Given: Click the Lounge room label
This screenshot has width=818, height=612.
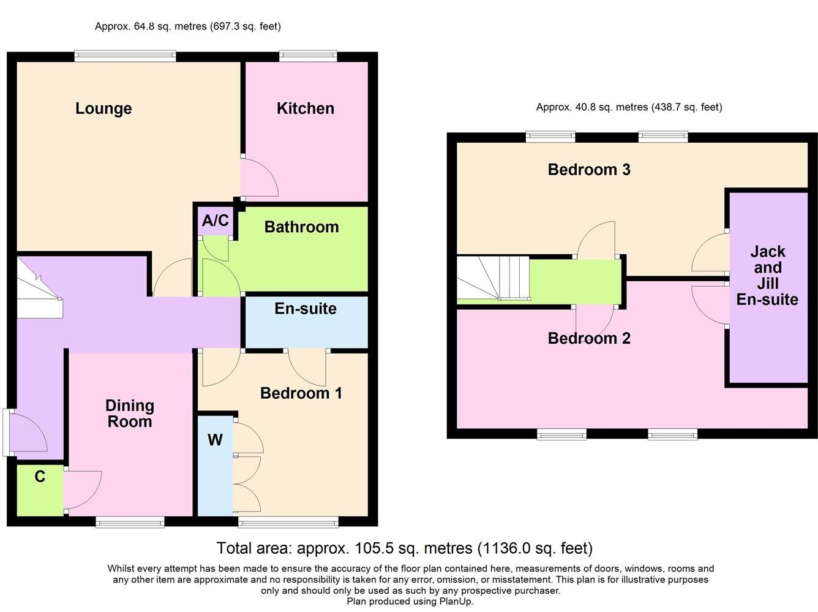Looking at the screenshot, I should (x=103, y=108).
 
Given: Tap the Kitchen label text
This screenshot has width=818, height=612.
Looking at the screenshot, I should (x=305, y=108).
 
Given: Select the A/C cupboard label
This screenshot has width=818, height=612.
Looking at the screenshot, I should (x=215, y=221).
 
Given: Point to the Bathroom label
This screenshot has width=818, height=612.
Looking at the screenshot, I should (x=301, y=227).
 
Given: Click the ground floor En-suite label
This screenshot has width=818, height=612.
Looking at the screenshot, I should (x=305, y=308).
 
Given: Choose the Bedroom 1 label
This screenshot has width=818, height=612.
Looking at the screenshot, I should (x=301, y=393).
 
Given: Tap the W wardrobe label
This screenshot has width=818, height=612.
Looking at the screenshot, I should (x=215, y=439).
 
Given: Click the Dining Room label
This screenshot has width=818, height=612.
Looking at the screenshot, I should (x=129, y=414).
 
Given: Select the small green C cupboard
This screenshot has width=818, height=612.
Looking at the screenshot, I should (x=40, y=490).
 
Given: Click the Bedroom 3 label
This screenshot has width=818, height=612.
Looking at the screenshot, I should (x=589, y=170).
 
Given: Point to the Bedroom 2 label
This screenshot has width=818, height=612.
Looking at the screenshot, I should (x=589, y=338).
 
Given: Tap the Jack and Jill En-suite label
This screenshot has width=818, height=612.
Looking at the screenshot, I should (x=767, y=275).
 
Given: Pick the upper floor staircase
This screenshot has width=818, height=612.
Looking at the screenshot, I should (x=493, y=279).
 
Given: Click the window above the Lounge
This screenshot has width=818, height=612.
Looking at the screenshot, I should (x=126, y=56).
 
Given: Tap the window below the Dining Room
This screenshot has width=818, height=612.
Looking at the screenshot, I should (x=130, y=522).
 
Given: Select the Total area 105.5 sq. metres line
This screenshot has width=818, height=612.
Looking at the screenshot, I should (x=404, y=548).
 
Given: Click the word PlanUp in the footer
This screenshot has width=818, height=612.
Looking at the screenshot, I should (x=456, y=601).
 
